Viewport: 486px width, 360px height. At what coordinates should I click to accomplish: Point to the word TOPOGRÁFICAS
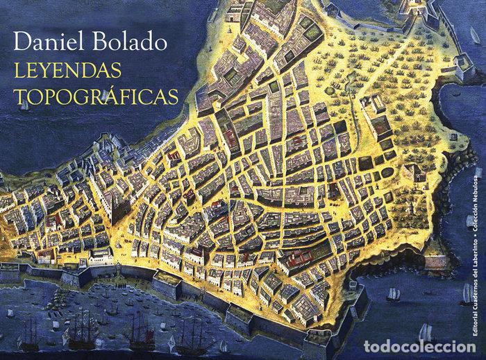tap(95, 96)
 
